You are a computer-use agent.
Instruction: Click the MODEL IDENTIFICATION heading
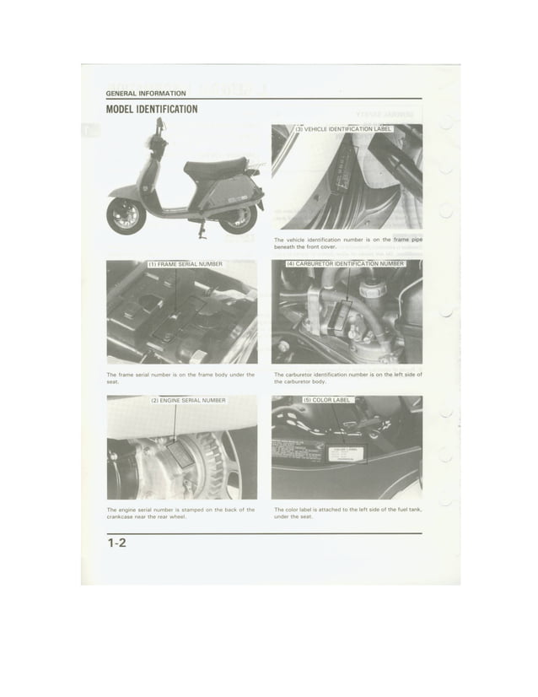[x=153, y=110]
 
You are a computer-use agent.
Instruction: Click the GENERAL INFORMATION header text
[x=146, y=93]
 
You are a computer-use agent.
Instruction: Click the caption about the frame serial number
[x=180, y=377]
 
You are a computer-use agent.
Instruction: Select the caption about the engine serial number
[x=180, y=514]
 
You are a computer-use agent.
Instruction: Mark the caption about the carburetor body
[x=347, y=377]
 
